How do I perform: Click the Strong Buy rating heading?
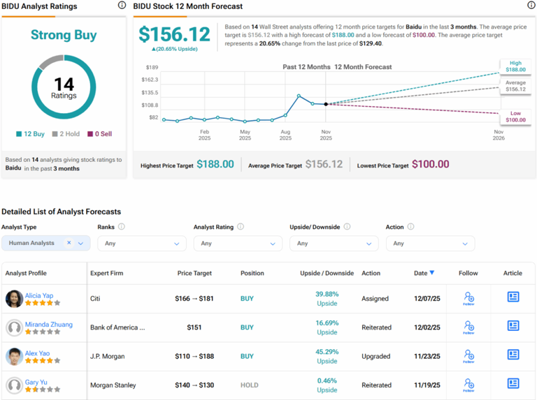coord(64,35)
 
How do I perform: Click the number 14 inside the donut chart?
coord(64,84)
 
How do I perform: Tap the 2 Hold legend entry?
coord(66,133)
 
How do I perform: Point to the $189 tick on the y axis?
coord(150,67)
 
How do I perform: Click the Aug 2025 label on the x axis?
coord(285,135)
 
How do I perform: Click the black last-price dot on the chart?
coord(326,104)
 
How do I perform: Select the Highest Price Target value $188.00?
coord(215,164)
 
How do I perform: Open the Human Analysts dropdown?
coord(45,243)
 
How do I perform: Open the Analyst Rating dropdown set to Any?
coord(237,243)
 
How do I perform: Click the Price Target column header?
coord(194,273)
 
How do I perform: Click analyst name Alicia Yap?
coord(38,295)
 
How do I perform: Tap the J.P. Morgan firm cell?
coord(108,356)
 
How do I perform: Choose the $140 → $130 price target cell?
coord(194,385)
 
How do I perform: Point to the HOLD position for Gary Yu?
coord(249,385)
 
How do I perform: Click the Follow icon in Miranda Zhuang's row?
coord(468,327)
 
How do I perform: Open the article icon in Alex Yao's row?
coord(513,355)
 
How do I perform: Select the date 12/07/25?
coord(427,298)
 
